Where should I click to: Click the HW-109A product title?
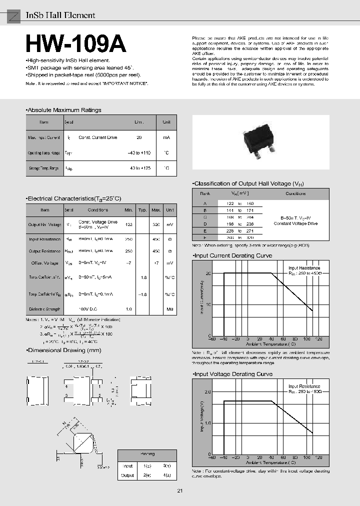pyautogui.click(x=75, y=44)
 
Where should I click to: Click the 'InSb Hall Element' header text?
pyautogui.click(x=60, y=15)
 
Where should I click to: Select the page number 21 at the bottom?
pyautogui.click(x=180, y=490)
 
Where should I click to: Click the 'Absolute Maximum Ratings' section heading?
pyautogui.click(x=63, y=110)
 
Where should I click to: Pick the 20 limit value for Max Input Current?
pyautogui.click(x=139, y=137)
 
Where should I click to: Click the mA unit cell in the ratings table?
pyautogui.click(x=166, y=137)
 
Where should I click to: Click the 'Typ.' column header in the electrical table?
pyautogui.click(x=142, y=210)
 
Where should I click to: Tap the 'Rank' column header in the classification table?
pyautogui.click(x=205, y=193)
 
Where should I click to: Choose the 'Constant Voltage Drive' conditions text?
pyautogui.click(x=295, y=223)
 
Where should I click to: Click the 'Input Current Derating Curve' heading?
pyautogui.click(x=233, y=255)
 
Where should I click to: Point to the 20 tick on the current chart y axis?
pyautogui.click(x=208, y=273)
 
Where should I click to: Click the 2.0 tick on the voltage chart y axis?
pyautogui.click(x=207, y=392)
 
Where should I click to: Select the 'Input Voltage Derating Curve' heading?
pyautogui.click(x=233, y=374)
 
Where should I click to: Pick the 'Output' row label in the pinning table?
pyautogui.click(x=127, y=475)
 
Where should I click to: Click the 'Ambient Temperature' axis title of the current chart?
pyautogui.click(x=270, y=344)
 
